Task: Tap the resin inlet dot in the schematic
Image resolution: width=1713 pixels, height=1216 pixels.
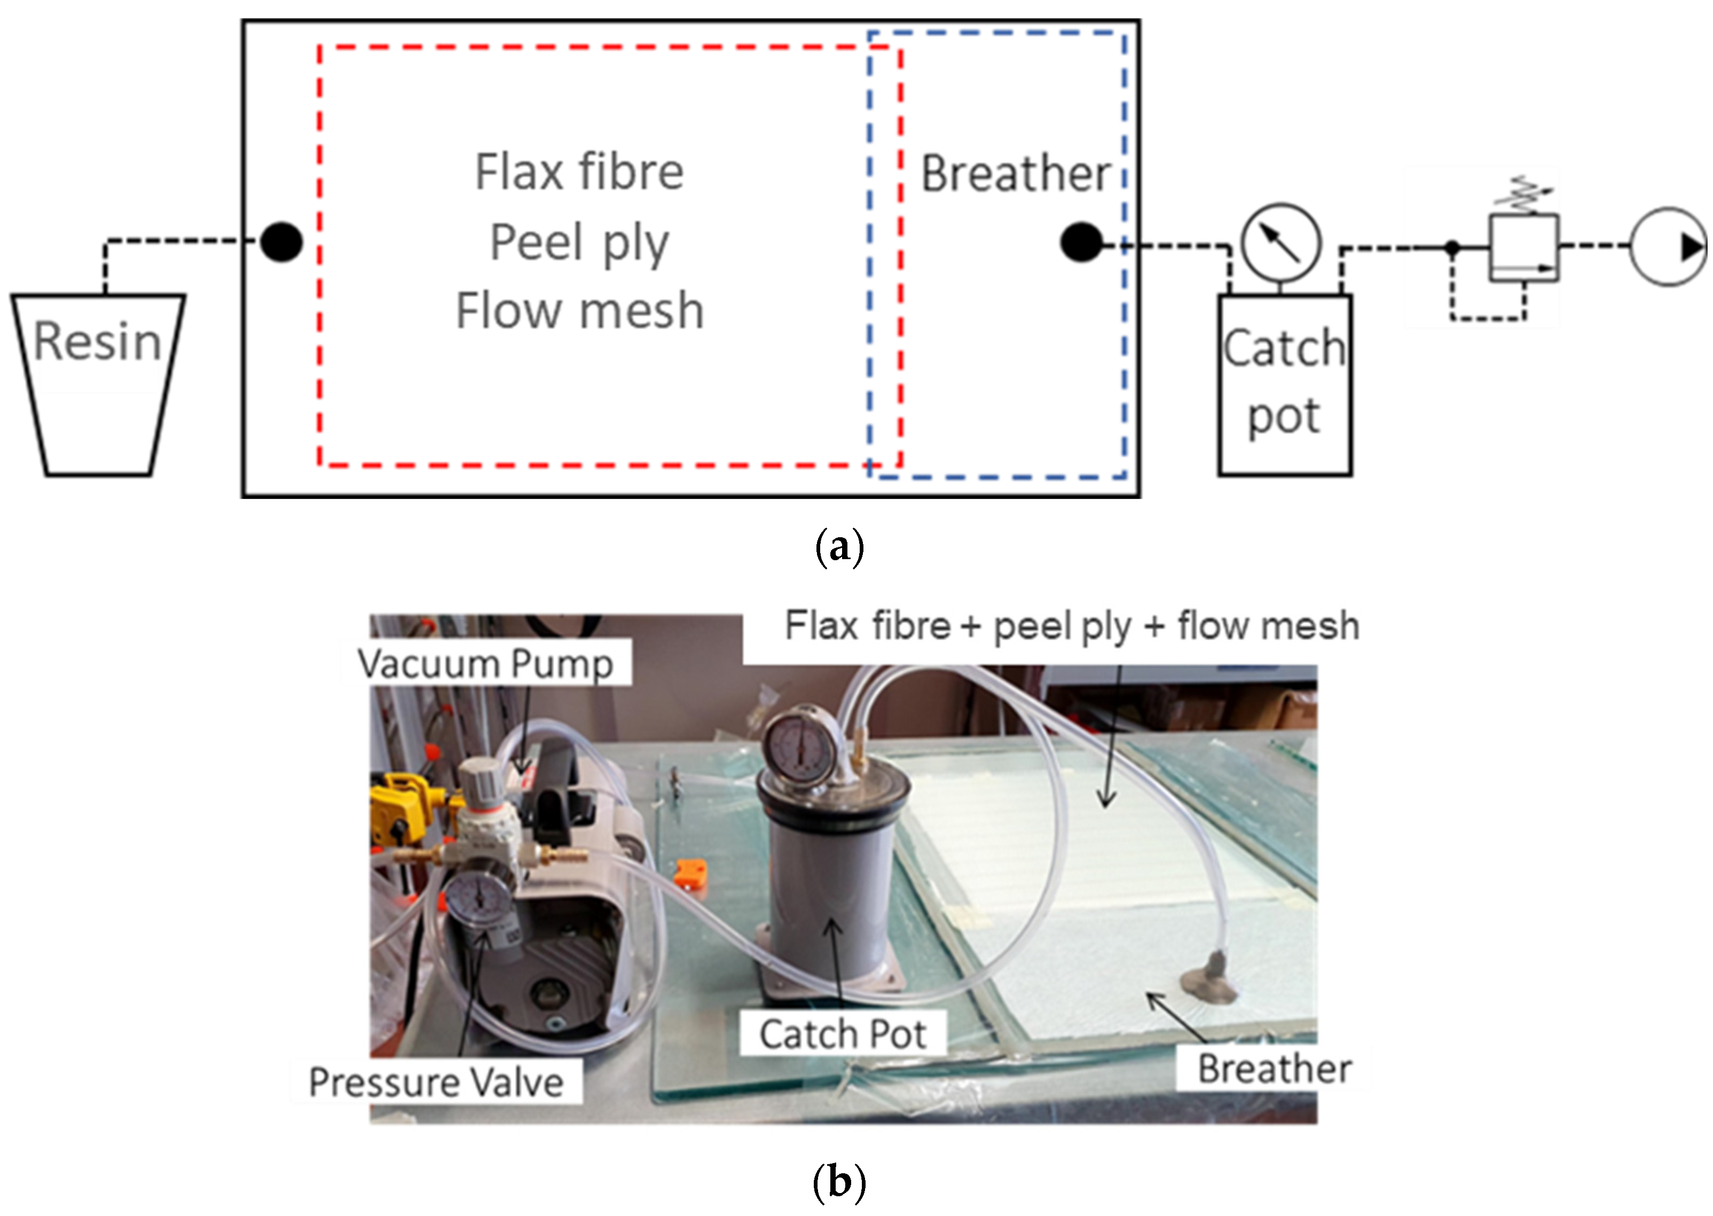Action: click(x=281, y=242)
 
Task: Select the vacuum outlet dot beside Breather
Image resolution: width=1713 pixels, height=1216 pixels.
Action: click(x=1081, y=242)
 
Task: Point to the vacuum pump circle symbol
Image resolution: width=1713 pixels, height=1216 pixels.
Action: click(x=1668, y=246)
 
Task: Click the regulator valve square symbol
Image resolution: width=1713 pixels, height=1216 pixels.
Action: click(x=1523, y=248)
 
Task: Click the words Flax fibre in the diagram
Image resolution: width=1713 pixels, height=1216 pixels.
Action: click(x=579, y=172)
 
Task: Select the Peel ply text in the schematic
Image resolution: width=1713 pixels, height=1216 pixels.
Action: click(x=579, y=242)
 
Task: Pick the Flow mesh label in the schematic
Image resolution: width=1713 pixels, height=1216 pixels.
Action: click(x=579, y=311)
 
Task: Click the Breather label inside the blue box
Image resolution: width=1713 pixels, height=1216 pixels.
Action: click(x=1015, y=174)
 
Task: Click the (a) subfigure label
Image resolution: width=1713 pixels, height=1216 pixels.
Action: click(x=838, y=547)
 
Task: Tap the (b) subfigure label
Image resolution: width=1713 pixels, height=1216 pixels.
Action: click(x=838, y=1182)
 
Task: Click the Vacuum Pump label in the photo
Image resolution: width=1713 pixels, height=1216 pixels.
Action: click(x=485, y=663)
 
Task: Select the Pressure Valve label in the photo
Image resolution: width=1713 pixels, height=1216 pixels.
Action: click(x=436, y=1082)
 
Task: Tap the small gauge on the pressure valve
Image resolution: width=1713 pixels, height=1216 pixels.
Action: click(x=476, y=899)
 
